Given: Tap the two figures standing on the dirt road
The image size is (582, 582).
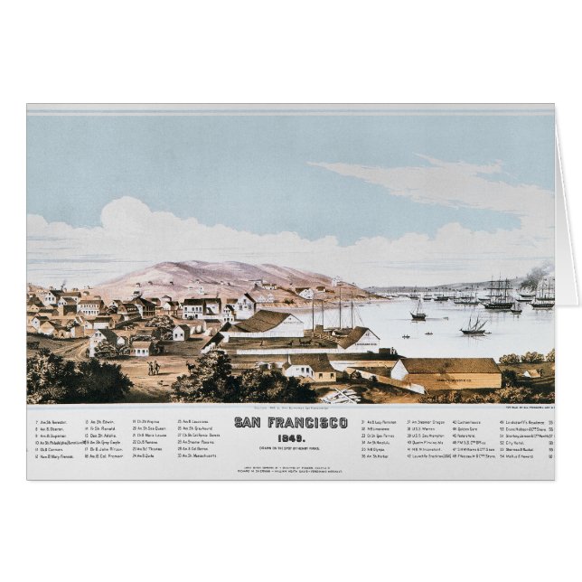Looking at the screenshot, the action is click(154, 367).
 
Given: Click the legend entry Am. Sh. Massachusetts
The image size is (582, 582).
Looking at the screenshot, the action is click(199, 456).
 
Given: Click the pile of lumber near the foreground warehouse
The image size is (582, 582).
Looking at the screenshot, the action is click(343, 395).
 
